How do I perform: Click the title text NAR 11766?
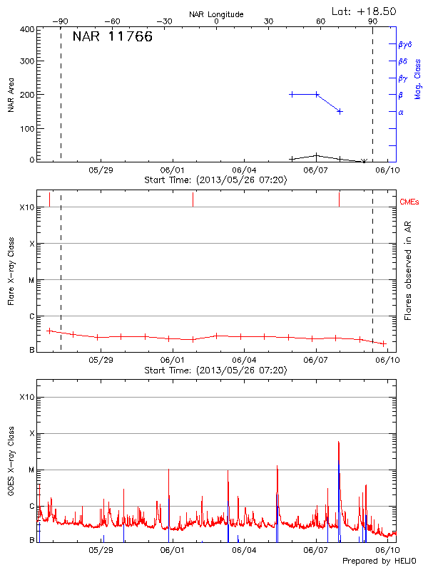pos(113,37)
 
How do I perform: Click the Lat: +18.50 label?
pos(365,11)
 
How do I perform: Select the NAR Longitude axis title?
pos(217,14)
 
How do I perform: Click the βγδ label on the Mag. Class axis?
pos(405,44)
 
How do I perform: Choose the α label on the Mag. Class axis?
pos(401,112)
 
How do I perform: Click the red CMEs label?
pos(409,203)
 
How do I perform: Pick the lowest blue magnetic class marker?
pos(340,111)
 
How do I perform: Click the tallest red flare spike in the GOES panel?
pos(338,443)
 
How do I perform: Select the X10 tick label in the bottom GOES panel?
pos(27,397)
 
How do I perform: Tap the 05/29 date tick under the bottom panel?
pos(101,551)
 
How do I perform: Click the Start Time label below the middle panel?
pos(215,370)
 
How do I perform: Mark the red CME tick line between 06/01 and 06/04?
pos(193,199)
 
